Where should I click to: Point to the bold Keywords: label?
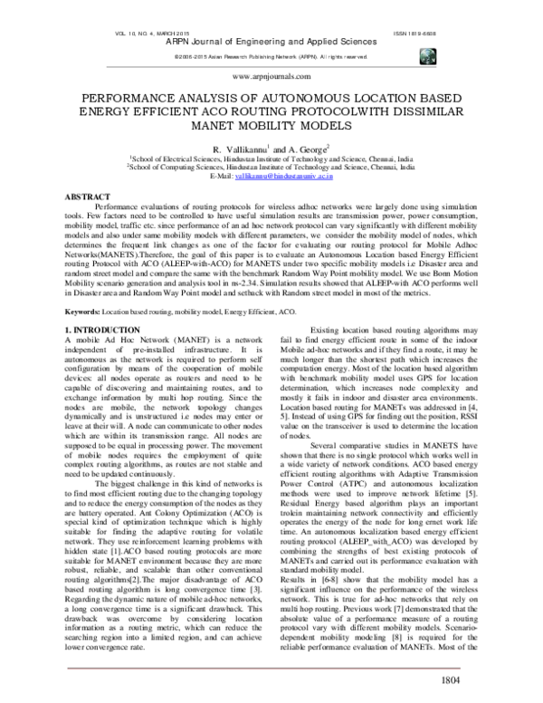click(95, 311)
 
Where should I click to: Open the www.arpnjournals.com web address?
click(271, 78)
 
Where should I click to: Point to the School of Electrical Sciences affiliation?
click(271, 158)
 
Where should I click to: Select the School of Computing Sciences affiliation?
click(271, 167)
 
